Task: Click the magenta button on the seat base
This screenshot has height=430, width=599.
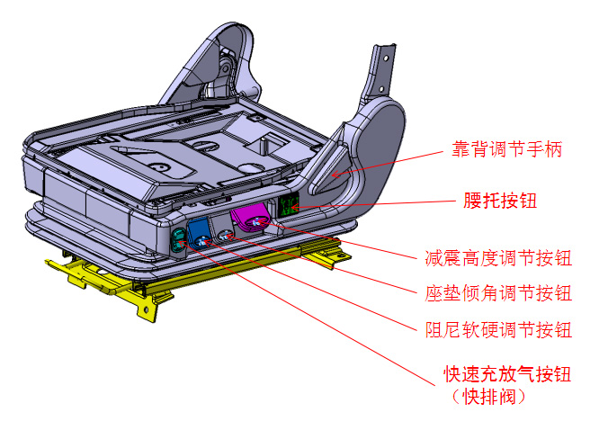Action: pos(251,218)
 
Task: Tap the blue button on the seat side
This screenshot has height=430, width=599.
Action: pos(199,233)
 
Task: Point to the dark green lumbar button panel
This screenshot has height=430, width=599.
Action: pos(288,205)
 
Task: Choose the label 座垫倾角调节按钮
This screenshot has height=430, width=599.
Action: pos(497,294)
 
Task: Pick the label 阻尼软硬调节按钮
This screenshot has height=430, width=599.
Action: pos(497,329)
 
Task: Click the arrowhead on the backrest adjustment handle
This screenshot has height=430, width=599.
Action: pos(333,175)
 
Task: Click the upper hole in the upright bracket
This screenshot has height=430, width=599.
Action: pos(386,59)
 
